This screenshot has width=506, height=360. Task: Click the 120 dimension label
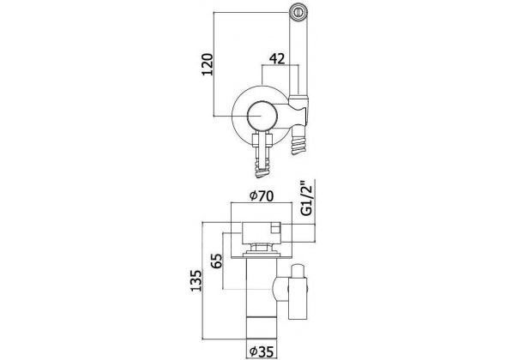click(x=208, y=64)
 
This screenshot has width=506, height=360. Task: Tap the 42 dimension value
click(x=277, y=58)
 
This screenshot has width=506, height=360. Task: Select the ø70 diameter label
click(x=262, y=195)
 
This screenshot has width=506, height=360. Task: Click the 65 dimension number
click(x=216, y=261)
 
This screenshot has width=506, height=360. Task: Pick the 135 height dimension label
click(x=196, y=280)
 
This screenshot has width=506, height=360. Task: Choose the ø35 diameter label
click(x=262, y=351)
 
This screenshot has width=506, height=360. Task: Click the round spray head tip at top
click(x=298, y=12)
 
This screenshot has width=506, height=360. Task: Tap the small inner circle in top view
click(x=262, y=116)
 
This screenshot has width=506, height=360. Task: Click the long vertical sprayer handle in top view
click(x=298, y=58)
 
